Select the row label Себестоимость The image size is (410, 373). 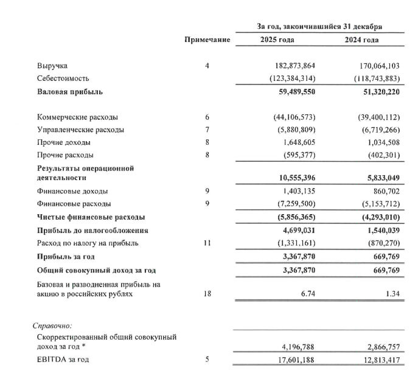click(x=63, y=78)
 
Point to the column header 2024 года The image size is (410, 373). click(x=363, y=40)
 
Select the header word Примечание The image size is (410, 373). click(x=207, y=40)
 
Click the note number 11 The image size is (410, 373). click(x=207, y=243)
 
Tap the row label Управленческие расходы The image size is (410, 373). click(x=81, y=130)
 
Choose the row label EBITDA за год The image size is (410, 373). click(x=63, y=360)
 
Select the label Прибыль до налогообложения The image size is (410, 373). click(x=93, y=231)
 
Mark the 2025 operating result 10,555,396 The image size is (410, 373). click(x=294, y=178)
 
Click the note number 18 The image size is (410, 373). click(x=207, y=293)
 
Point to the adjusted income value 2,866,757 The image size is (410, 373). click(x=379, y=347)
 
